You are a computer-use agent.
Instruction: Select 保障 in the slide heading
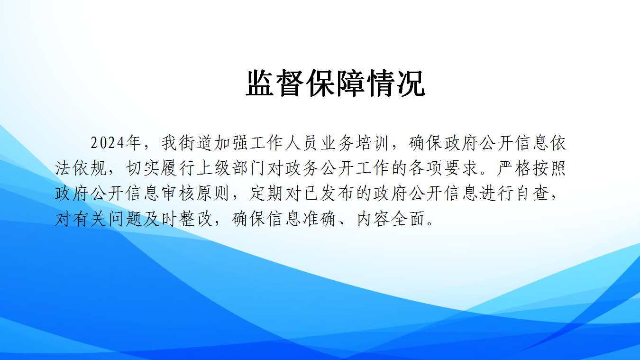tap(336, 83)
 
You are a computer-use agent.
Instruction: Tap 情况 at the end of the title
tap(396, 83)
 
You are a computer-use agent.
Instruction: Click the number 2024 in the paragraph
tap(108, 143)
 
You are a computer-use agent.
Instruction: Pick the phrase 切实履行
tap(160, 168)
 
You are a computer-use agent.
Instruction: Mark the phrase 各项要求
tap(443, 168)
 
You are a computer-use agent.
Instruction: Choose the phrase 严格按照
tap(532, 168)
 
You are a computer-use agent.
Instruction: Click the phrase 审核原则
tap(196, 194)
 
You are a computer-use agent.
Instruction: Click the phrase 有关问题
tap(108, 219)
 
